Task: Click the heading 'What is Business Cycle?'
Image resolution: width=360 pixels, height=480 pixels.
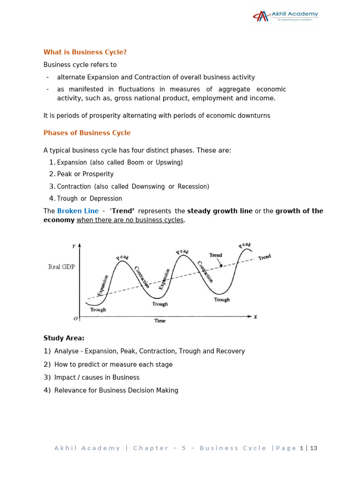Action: (85, 52)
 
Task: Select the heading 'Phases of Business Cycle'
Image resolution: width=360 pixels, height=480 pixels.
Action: (87, 133)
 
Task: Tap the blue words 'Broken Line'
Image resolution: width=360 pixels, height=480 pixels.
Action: (78, 211)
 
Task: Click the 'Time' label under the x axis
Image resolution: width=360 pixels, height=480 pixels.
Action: (160, 321)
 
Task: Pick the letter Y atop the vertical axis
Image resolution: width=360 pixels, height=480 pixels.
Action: (74, 246)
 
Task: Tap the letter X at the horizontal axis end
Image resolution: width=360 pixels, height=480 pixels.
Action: (255, 317)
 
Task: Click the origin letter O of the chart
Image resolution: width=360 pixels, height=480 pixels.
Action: (75, 319)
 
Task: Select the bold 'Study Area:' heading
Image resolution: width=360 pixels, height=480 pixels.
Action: (64, 338)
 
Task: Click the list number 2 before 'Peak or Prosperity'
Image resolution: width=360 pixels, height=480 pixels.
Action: (52, 174)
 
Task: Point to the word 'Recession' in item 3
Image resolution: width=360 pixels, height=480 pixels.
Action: (193, 187)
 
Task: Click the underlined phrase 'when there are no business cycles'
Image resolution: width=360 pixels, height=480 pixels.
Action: (130, 220)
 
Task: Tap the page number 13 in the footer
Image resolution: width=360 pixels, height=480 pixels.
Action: (314, 448)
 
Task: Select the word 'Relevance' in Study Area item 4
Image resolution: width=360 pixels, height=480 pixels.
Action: (69, 390)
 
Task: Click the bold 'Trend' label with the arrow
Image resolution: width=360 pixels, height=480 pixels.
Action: (216, 255)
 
